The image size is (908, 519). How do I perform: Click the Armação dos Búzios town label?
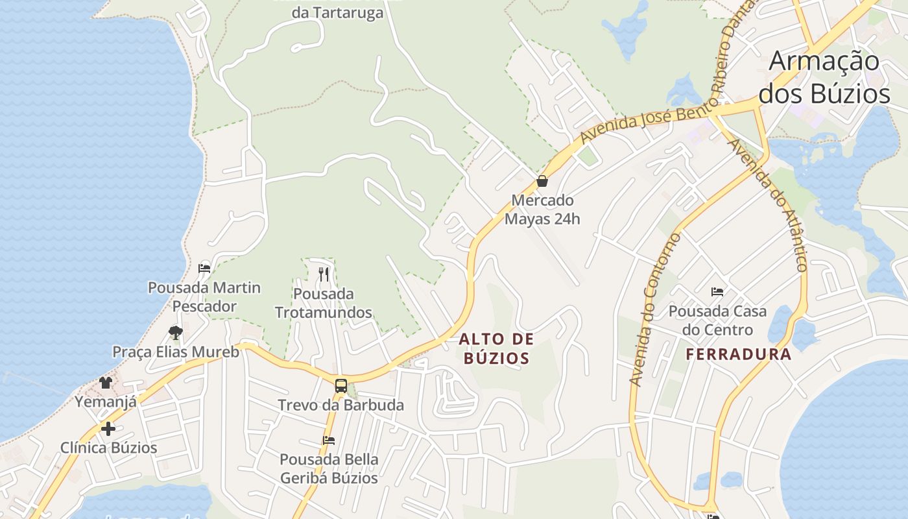(824, 77)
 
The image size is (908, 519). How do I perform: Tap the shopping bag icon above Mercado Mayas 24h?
(542, 181)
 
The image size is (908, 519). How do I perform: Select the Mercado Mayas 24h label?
(542, 210)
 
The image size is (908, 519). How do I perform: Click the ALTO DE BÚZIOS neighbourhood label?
(497, 348)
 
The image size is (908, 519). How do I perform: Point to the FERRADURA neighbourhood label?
(739, 354)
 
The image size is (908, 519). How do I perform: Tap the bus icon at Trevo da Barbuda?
(341, 386)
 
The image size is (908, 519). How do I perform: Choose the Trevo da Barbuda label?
(340, 405)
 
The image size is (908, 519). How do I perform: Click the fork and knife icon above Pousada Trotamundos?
(324, 274)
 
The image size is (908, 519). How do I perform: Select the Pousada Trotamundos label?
(324, 303)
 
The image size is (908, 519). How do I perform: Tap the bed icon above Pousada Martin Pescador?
(204, 268)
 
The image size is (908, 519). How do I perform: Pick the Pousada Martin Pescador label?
(204, 296)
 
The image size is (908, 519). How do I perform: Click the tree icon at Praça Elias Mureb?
(175, 333)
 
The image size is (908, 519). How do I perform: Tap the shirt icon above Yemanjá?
(106, 382)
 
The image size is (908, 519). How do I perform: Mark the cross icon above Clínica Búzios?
(108, 429)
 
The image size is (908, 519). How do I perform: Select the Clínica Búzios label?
(108, 448)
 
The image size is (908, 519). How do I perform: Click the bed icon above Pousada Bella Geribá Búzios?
(329, 441)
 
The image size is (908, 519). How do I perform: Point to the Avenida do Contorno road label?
(656, 309)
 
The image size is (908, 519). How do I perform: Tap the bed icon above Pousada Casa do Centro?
(717, 292)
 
